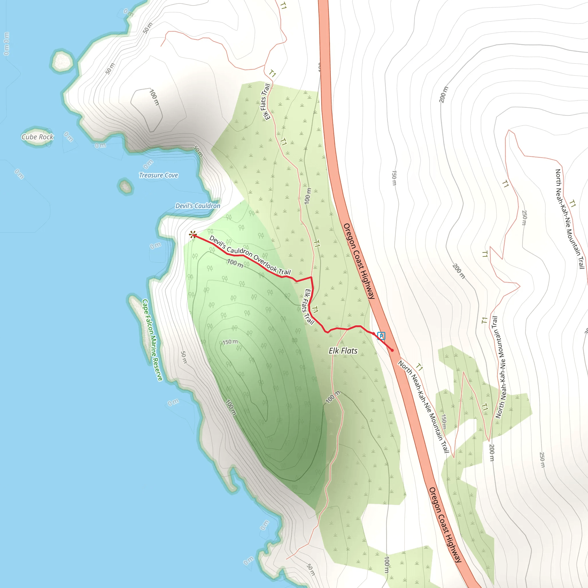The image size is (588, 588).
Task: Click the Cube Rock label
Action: (x=37, y=137)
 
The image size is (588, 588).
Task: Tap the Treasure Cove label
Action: (x=158, y=175)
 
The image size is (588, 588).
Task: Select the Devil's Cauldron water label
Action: (x=198, y=206)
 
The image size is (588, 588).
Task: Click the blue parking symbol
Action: (x=381, y=336)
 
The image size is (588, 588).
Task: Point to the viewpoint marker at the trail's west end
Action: (x=192, y=235)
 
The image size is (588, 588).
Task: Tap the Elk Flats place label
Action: (x=343, y=351)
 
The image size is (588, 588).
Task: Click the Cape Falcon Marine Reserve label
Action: (x=152, y=340)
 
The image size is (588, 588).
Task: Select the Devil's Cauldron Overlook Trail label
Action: (x=250, y=255)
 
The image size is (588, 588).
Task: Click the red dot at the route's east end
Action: (x=392, y=350)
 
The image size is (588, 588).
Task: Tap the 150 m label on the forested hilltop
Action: (x=230, y=342)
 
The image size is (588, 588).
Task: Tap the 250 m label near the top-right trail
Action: (x=524, y=218)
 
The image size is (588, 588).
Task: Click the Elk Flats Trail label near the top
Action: (x=266, y=102)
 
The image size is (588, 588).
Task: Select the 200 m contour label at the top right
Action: (x=444, y=94)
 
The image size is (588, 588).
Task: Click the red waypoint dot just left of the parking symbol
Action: (x=374, y=334)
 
